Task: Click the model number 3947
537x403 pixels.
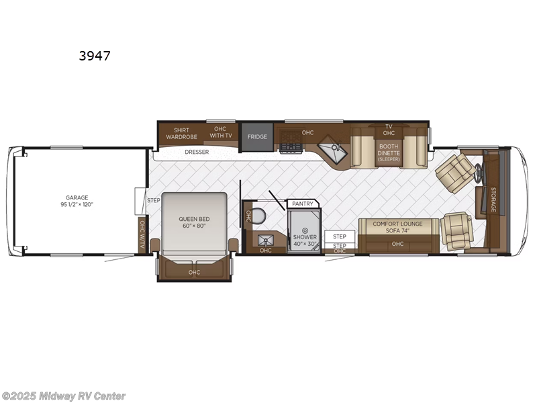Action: point(95,56)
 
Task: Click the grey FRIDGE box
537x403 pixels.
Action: point(257,137)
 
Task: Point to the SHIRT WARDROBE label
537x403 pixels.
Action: point(182,133)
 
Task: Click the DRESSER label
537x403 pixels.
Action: point(197,152)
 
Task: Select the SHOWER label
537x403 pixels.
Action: point(304,238)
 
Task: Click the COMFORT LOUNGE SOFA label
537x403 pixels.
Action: point(398,227)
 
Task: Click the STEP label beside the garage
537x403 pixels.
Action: point(154,200)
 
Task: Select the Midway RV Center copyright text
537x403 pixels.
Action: point(64,396)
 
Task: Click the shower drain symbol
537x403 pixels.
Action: point(304,230)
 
